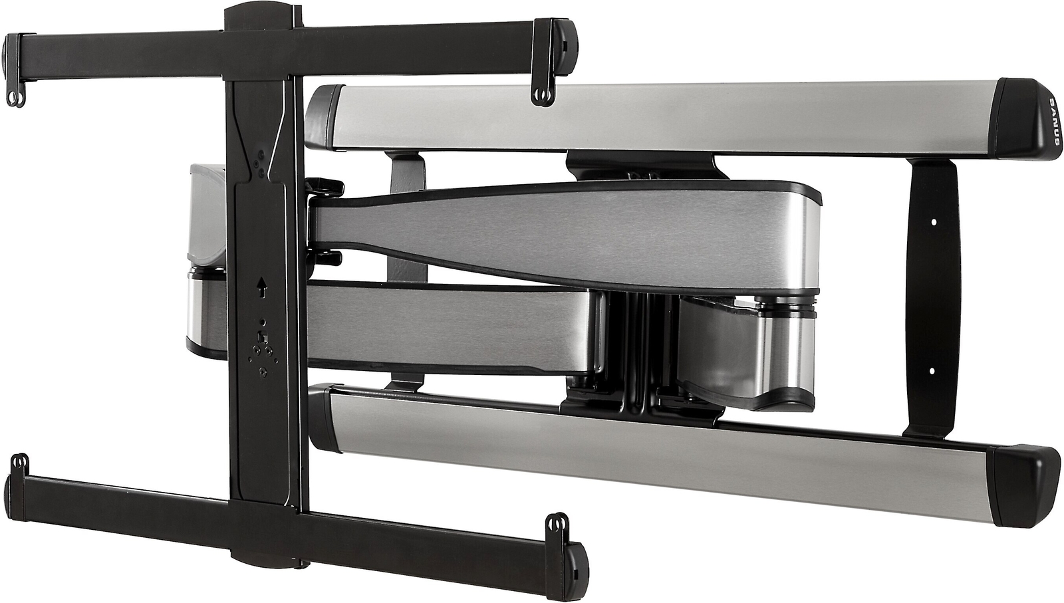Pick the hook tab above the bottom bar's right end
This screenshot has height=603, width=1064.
pos(556,525)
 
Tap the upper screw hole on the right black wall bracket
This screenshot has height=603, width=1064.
pos(932,221)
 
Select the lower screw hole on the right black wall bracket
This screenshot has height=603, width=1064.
pos(931,370)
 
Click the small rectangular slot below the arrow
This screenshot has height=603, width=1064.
pos(262,337)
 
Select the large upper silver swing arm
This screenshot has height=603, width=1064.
pos(565,236)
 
